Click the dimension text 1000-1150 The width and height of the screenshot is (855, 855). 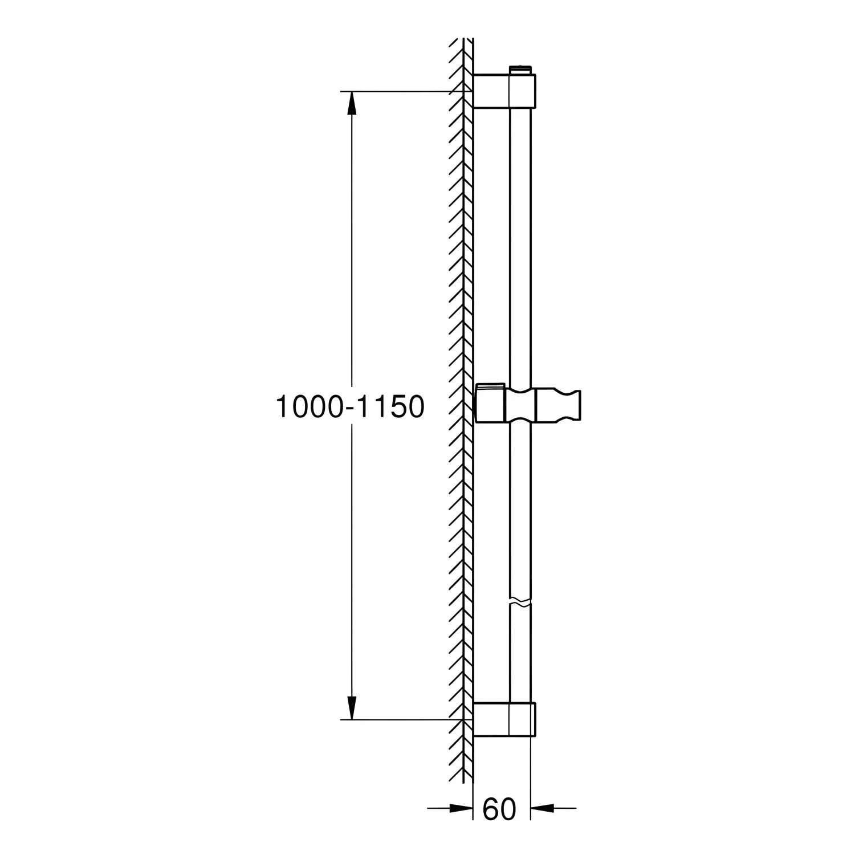(x=350, y=407)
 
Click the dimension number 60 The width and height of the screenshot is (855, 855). (x=499, y=809)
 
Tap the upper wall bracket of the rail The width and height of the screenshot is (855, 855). (x=504, y=91)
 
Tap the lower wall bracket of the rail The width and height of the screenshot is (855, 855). (x=504, y=719)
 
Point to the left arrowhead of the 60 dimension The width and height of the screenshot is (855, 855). (x=461, y=807)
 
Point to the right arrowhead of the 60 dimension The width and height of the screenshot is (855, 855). (x=542, y=807)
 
